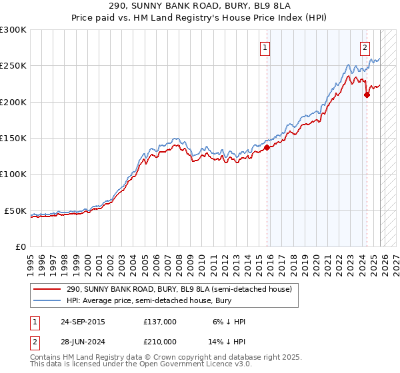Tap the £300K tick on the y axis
click(x=13, y=30)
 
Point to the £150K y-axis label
click(x=13, y=139)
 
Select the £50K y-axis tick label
click(x=15, y=211)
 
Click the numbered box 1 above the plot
click(x=265, y=47)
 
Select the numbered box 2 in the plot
click(x=365, y=47)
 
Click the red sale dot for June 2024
click(x=367, y=95)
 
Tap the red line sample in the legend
click(x=47, y=290)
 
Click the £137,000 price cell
click(x=159, y=321)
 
